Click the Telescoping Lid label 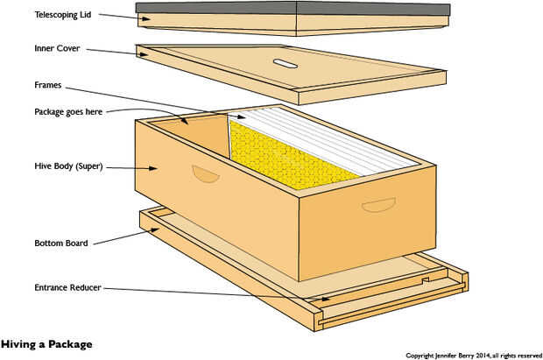63,15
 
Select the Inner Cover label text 57,48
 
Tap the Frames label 48,85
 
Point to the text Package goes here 68,112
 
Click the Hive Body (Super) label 68,166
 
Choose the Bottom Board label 61,244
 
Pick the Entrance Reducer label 67,287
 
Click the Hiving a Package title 46,344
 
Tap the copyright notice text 474,356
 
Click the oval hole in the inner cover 286,64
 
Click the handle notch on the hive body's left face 206,174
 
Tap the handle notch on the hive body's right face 378,205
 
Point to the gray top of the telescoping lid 293,8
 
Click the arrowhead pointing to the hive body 153,168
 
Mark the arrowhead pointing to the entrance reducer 326,299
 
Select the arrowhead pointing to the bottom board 154,229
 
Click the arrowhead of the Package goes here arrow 185,121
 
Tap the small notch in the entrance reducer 426,279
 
